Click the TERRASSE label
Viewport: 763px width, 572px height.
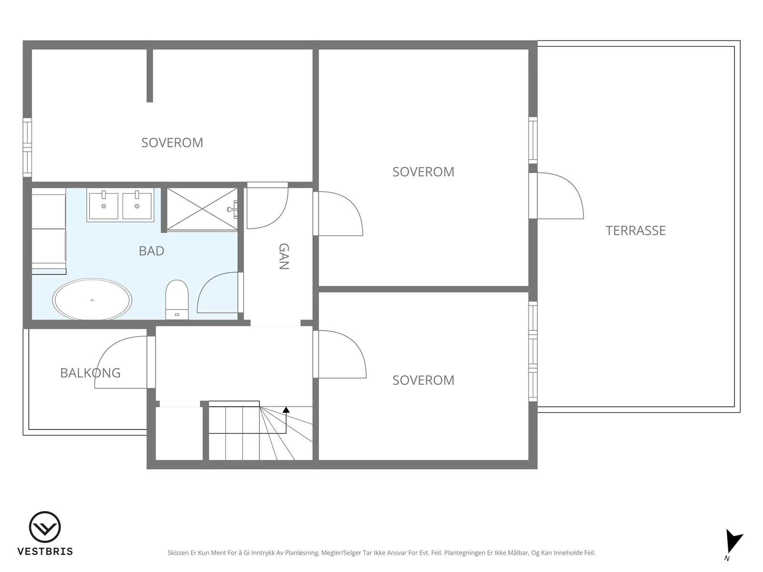click(635, 231)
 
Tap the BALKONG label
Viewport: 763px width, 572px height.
click(91, 373)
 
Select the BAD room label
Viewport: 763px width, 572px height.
click(151, 251)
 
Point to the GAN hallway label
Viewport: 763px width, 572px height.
click(284, 256)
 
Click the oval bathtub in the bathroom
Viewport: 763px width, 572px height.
click(92, 300)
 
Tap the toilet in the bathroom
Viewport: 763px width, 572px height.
click(177, 300)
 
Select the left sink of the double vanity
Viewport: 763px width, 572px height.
click(103, 205)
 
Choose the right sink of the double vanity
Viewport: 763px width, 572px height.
click(137, 205)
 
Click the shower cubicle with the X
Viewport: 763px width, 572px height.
click(202, 209)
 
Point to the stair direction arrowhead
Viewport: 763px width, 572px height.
click(286, 410)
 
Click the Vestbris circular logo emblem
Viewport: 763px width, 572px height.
click(45, 527)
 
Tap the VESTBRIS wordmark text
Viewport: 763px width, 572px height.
click(45, 552)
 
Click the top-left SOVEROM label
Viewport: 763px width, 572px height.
click(172, 143)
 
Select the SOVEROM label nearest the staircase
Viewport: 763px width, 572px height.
click(423, 380)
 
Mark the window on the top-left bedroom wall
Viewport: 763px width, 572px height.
click(27, 147)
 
